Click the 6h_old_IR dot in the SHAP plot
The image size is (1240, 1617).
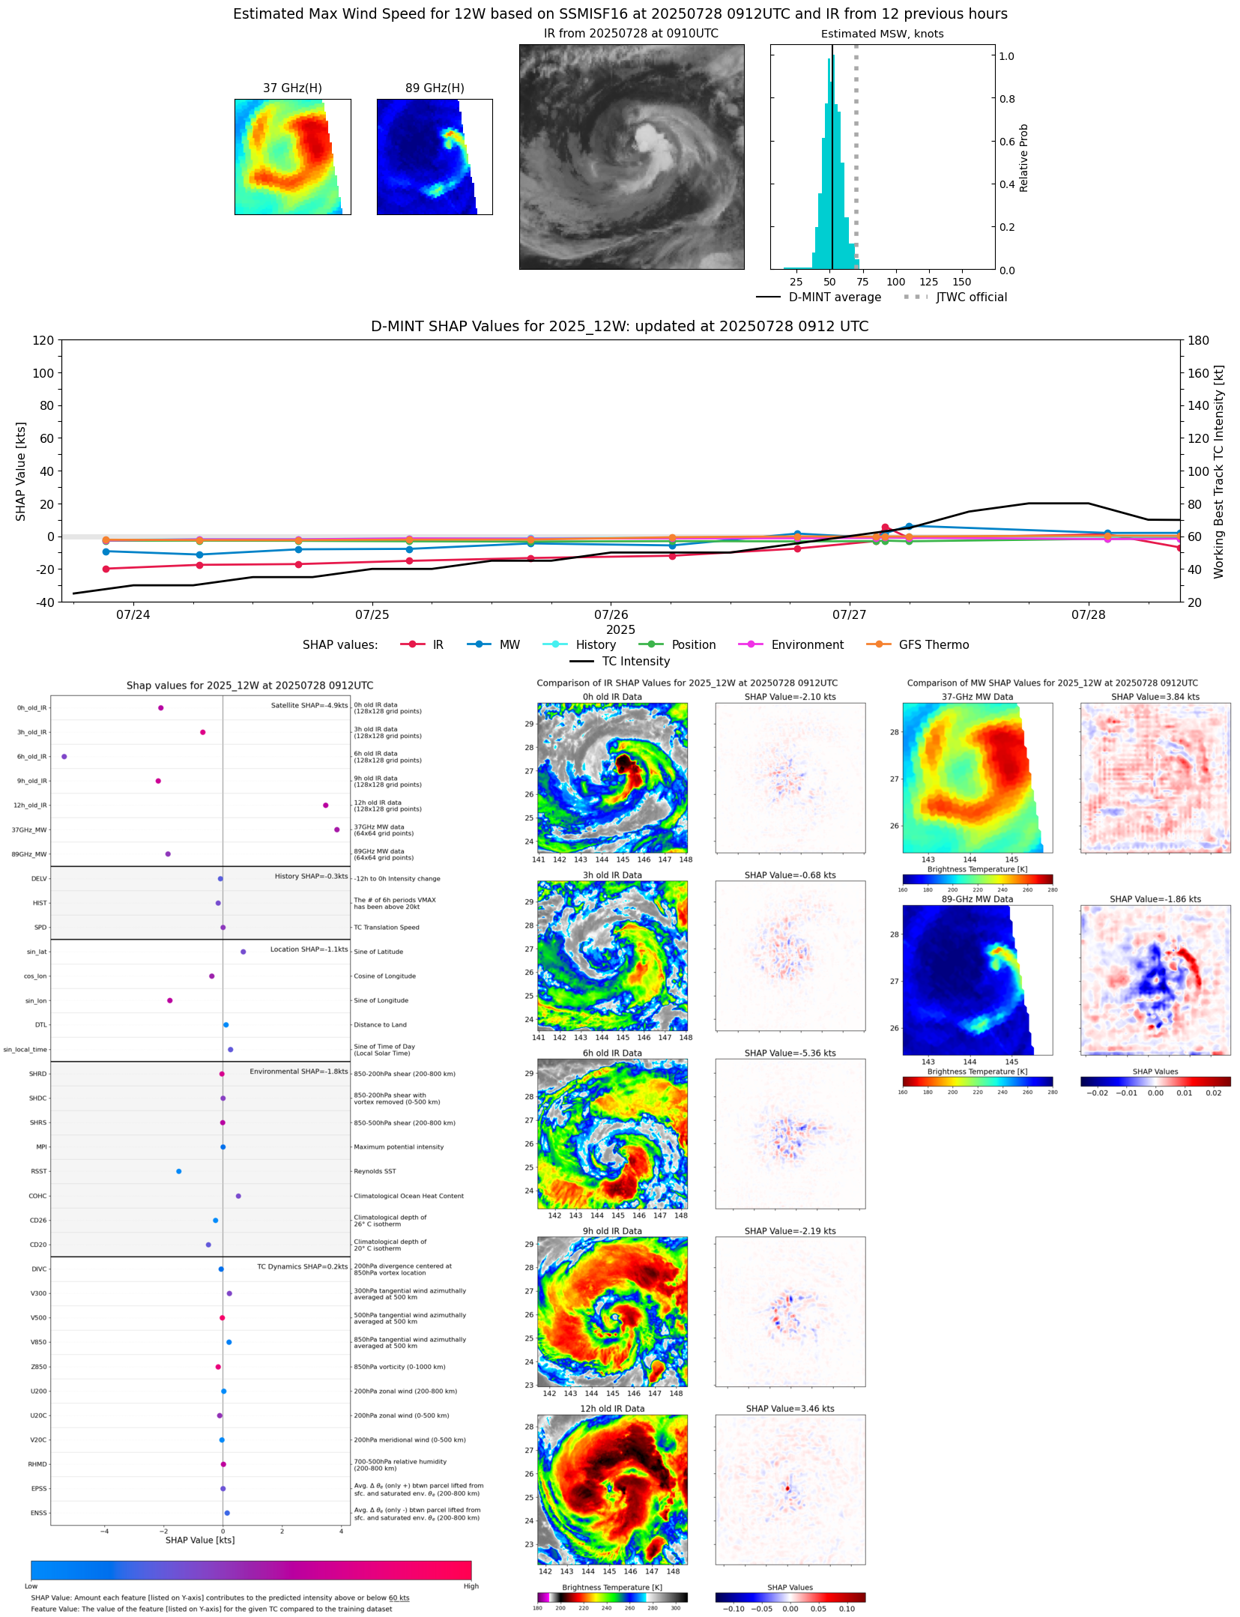[64, 757]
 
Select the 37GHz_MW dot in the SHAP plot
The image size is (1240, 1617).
[337, 829]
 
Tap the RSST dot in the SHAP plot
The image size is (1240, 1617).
[178, 1171]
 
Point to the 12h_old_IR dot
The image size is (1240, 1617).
[325, 806]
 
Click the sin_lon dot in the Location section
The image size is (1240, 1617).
[170, 1000]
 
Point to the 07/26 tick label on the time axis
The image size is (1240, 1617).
[611, 615]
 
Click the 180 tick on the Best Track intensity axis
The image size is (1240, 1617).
[1199, 341]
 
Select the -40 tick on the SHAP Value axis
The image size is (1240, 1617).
[43, 602]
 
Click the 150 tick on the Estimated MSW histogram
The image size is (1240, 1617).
[962, 282]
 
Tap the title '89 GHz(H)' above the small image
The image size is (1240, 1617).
[435, 88]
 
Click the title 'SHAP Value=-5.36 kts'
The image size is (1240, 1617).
[790, 1054]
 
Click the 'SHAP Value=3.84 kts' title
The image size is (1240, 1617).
[1155, 697]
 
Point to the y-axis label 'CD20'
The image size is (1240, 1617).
[38, 1245]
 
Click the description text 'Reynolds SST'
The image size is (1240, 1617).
[375, 1171]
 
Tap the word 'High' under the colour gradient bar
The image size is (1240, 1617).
[471, 1586]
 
